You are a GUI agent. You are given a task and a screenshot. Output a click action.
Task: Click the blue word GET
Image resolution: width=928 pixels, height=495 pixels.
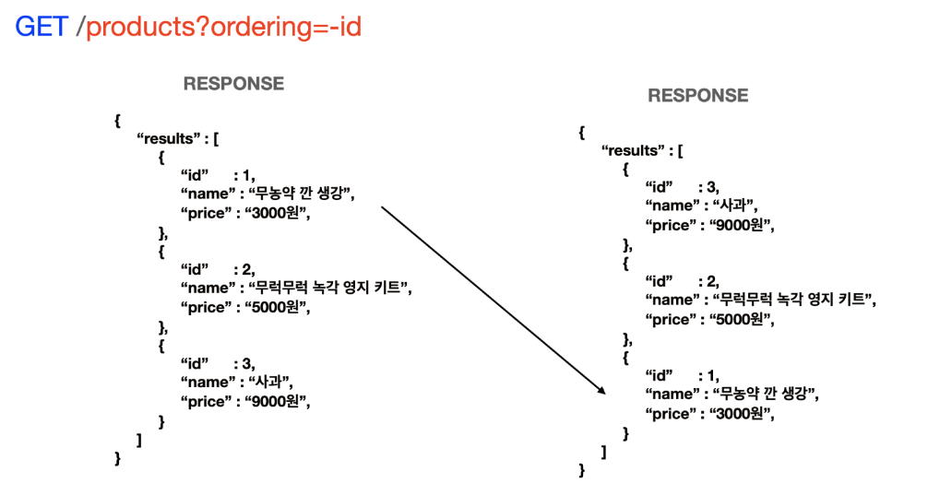pyautogui.click(x=42, y=27)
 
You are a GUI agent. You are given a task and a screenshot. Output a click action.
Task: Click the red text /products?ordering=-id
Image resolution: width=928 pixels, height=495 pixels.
pyautogui.click(x=220, y=27)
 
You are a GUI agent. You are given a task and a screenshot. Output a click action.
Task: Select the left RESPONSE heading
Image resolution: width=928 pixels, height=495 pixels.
pyautogui.click(x=233, y=84)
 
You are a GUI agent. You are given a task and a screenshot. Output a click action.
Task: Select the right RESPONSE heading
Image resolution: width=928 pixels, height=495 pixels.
pyautogui.click(x=698, y=96)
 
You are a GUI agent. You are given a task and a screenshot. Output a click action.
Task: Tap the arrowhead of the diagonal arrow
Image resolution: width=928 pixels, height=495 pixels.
pyautogui.click(x=601, y=390)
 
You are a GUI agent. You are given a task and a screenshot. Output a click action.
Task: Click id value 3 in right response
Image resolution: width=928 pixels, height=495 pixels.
pyautogui.click(x=710, y=188)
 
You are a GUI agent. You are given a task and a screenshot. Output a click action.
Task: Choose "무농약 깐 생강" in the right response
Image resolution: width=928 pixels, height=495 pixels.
pyautogui.click(x=765, y=395)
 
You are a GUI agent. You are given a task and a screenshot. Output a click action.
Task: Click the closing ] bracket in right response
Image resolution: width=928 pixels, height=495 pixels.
pyautogui.click(x=603, y=451)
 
